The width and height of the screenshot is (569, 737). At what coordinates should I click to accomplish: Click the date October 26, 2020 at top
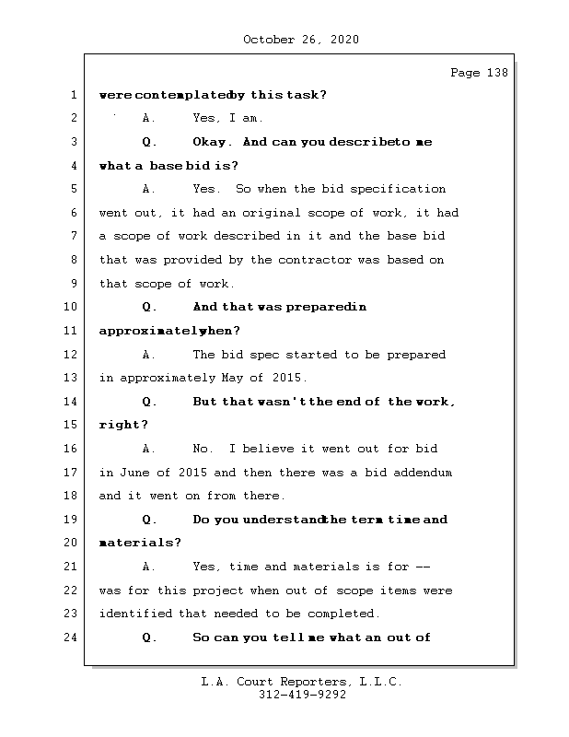pyautogui.click(x=300, y=40)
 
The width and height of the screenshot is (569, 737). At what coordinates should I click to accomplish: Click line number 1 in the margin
pyautogui.click(x=72, y=95)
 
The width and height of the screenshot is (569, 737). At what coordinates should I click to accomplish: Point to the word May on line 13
pyautogui.click(x=233, y=378)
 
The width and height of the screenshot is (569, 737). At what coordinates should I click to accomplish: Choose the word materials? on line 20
pyautogui.click(x=140, y=543)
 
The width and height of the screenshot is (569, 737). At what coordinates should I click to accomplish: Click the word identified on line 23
pyautogui.click(x=135, y=614)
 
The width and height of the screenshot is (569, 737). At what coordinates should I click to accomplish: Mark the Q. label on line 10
pyautogui.click(x=150, y=307)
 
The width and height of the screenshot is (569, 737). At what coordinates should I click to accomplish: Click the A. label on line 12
pyautogui.click(x=150, y=355)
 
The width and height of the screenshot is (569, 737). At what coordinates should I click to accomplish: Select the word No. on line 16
pyautogui.click(x=203, y=449)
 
